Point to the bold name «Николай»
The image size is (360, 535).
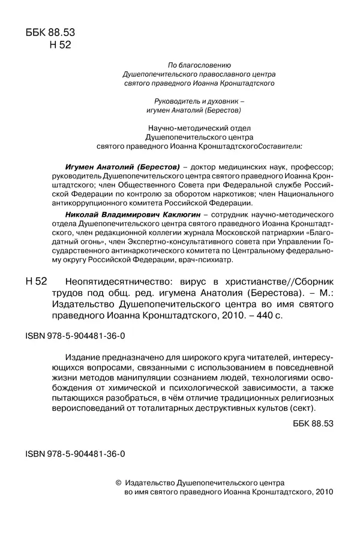pos(78,214)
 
